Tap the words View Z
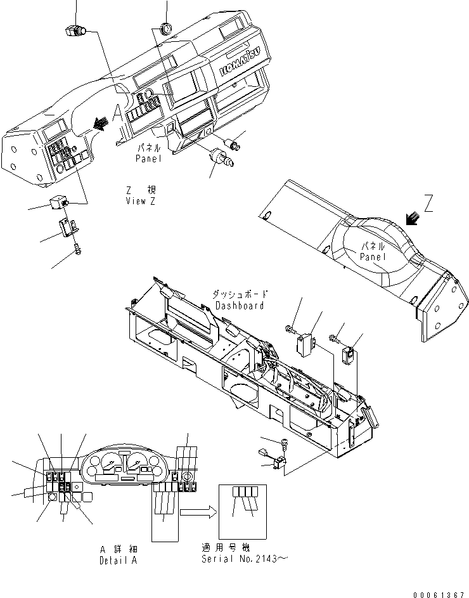(140, 200)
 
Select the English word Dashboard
(238, 305)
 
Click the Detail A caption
(118, 561)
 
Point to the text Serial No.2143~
(244, 559)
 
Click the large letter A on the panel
(117, 114)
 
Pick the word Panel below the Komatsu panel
(148, 159)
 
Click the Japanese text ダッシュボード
(239, 295)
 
